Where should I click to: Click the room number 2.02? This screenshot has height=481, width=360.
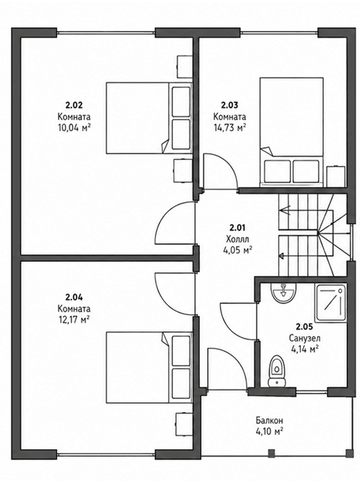(74, 105)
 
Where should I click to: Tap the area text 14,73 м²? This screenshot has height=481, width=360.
(230, 127)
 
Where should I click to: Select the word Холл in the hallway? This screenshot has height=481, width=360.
(237, 239)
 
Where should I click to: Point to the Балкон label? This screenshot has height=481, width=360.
(269, 420)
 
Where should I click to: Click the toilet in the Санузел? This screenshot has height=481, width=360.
(277, 371)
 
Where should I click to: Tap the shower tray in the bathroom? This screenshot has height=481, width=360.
(330, 303)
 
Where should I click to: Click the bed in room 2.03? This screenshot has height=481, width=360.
(292, 132)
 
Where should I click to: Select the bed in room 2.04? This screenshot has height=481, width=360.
(149, 367)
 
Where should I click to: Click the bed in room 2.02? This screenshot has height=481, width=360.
(149, 117)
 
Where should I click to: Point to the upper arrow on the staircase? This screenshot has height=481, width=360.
(285, 211)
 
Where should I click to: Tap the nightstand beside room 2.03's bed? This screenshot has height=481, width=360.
(336, 176)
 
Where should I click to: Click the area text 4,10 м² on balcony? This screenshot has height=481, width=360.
(269, 431)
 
